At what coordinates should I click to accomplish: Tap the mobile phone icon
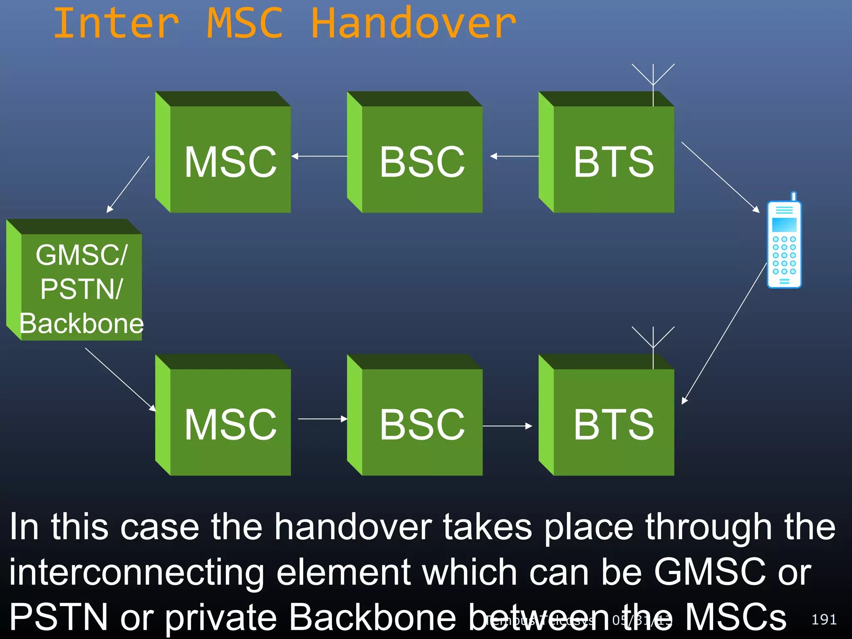tap(784, 243)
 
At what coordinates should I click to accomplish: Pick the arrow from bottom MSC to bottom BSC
tap(322, 419)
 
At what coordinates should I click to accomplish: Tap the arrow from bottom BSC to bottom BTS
tap(508, 426)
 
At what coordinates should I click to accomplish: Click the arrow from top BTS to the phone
tap(720, 177)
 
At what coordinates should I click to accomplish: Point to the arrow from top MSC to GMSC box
tap(128, 184)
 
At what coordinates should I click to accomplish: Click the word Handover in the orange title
tap(414, 24)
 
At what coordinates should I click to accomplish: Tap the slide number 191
tap(824, 619)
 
